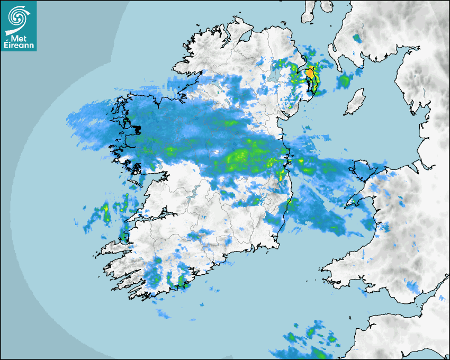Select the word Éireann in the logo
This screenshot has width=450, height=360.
(19, 46)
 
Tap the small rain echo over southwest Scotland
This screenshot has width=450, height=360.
(356, 38)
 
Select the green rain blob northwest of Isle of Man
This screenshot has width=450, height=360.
(345, 80)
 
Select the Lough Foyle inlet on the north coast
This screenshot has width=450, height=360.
(246, 37)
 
